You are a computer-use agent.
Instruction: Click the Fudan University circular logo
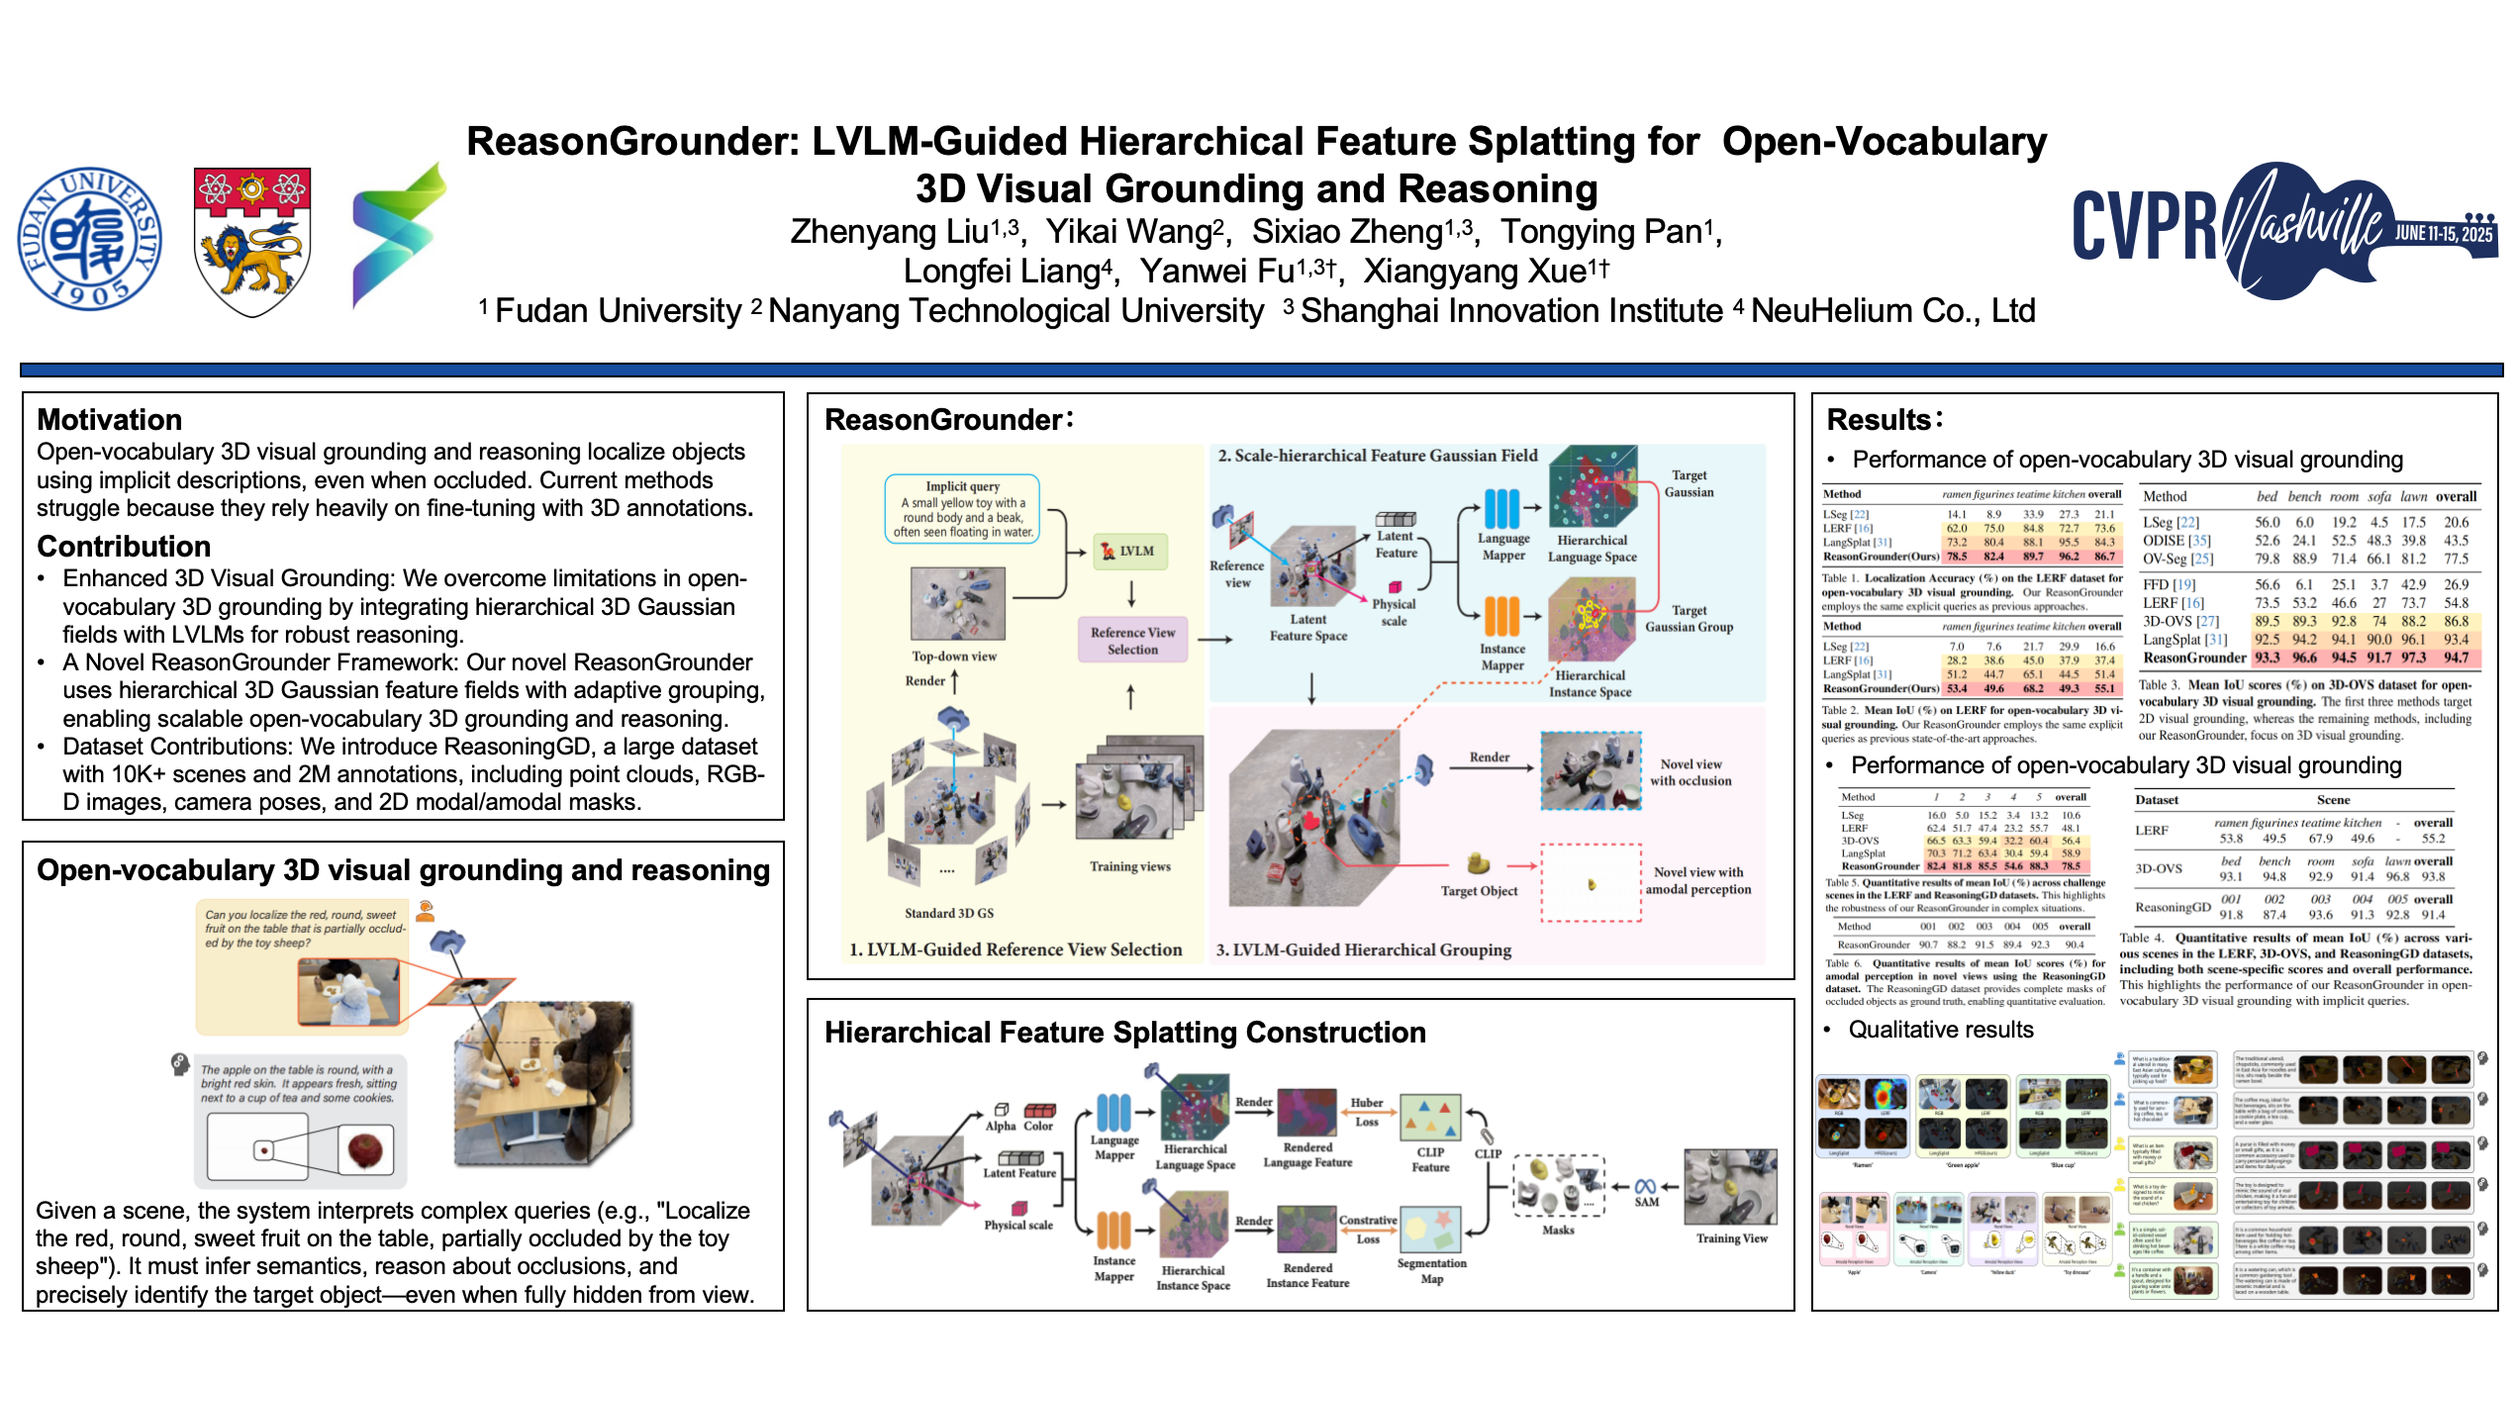click(x=90, y=239)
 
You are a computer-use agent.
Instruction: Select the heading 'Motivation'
click(x=109, y=420)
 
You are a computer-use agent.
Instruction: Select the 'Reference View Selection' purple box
click(x=1132, y=640)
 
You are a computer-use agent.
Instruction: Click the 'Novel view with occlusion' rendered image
click(x=1590, y=771)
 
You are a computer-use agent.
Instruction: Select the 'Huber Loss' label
click(x=1366, y=1112)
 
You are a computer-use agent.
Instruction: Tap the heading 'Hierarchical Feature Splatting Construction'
click(x=1124, y=1033)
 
